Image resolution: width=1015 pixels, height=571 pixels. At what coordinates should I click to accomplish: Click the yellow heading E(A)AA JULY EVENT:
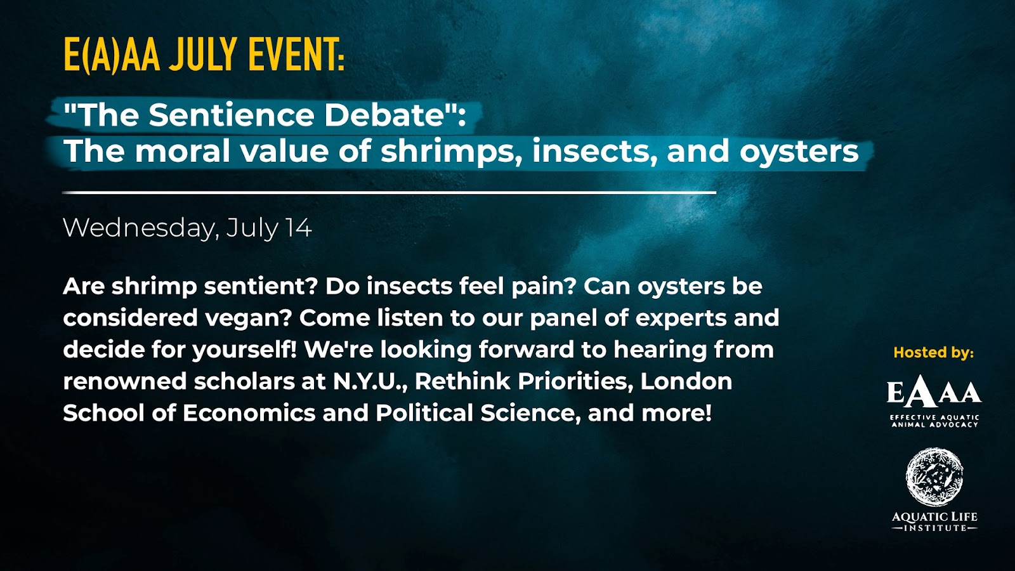204,55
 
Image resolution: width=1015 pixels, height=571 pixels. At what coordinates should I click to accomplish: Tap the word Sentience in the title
231,115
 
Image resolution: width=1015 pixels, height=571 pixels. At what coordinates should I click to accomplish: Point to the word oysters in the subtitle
799,151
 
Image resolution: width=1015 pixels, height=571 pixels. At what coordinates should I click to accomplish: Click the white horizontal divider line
390,193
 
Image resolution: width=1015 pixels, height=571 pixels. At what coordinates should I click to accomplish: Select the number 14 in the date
299,228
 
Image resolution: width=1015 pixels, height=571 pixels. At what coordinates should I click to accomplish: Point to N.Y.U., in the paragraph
371,381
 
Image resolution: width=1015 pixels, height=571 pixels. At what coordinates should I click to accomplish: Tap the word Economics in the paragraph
249,413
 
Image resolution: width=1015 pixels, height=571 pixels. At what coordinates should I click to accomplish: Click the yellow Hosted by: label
933,352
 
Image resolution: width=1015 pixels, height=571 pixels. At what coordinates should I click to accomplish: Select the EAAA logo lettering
934,393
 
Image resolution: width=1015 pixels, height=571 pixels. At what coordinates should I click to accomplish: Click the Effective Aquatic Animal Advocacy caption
935,421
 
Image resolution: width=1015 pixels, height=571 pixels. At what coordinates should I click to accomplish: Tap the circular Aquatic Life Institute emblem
934,476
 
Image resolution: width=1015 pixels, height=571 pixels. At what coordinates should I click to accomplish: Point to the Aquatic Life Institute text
934,522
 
